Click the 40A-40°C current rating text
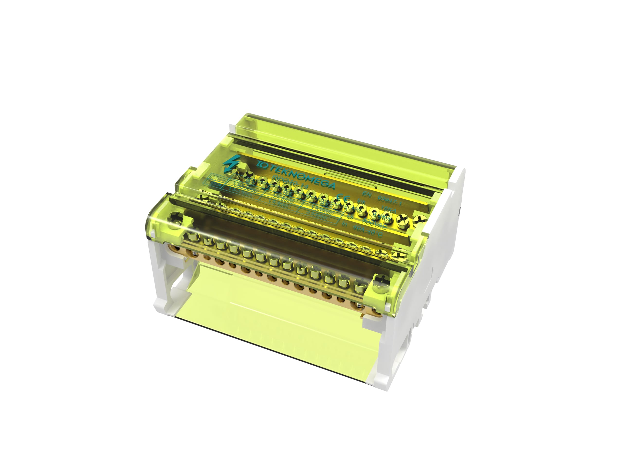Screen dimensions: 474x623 369,232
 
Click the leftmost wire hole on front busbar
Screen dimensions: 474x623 177,248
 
